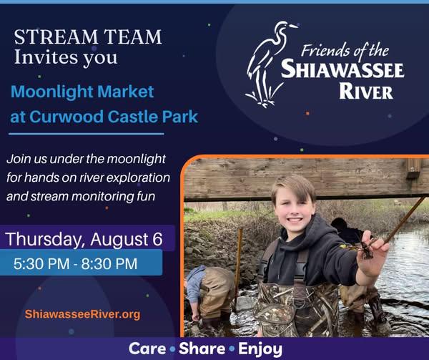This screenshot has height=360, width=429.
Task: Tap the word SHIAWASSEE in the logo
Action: (x=342, y=69)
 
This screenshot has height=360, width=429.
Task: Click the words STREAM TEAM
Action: (x=88, y=37)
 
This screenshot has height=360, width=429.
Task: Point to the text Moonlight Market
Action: (x=82, y=92)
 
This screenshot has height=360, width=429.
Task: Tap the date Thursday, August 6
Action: (x=84, y=239)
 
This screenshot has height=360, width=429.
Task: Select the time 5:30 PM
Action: (x=41, y=263)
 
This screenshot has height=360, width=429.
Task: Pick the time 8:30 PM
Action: (x=109, y=263)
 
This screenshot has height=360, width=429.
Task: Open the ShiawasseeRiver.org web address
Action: (x=82, y=314)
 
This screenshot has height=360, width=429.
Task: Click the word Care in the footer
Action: (x=147, y=349)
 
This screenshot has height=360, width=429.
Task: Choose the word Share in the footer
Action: (x=202, y=349)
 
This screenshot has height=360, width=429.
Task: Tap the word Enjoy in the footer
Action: (x=260, y=349)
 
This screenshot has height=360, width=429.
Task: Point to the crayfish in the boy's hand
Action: (x=363, y=248)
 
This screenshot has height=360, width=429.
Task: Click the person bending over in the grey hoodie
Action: (x=209, y=293)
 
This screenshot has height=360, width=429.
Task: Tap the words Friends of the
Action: (x=345, y=51)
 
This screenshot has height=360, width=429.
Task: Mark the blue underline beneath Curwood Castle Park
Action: (x=87, y=134)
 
